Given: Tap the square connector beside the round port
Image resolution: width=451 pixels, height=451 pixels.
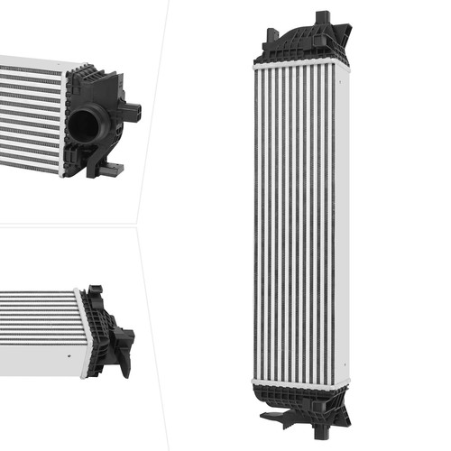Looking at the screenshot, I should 133,112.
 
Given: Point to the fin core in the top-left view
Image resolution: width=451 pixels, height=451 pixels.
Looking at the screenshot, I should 32,113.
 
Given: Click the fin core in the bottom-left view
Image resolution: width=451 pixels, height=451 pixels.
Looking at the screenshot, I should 36,325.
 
